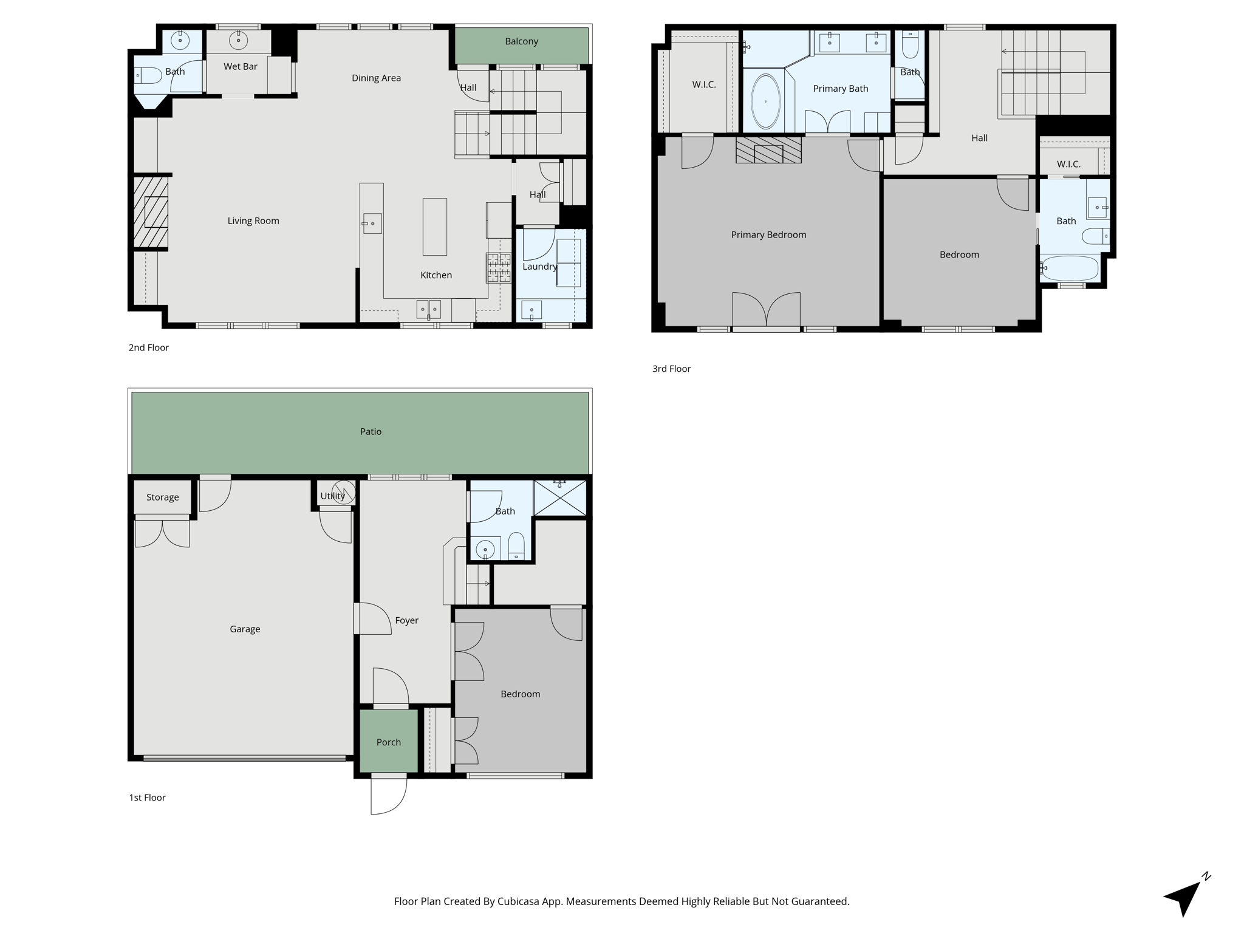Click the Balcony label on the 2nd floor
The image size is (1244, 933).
[x=521, y=41]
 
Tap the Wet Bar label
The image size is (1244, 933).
[x=240, y=66]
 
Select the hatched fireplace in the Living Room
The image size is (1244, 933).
[x=151, y=212]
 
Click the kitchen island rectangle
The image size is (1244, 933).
[x=434, y=227]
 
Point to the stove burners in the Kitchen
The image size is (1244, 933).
[x=498, y=268]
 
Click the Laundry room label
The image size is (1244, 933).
[x=539, y=266]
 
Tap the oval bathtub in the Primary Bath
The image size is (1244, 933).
[x=765, y=101]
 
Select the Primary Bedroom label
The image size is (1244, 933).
[x=768, y=234]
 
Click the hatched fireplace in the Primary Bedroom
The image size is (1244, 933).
[x=768, y=150]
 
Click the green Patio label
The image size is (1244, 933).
[x=371, y=431]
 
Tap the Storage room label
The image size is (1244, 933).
[x=162, y=497]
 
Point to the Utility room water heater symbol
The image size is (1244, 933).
[x=344, y=492]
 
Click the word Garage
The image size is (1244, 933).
[x=245, y=629]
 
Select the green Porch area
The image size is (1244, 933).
[x=389, y=742]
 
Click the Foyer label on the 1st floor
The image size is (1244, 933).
[x=406, y=620]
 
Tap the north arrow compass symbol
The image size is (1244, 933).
[x=1184, y=897]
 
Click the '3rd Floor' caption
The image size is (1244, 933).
[x=671, y=369]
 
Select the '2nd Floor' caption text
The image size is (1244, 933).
[x=148, y=347]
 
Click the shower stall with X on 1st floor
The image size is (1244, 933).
[x=559, y=497]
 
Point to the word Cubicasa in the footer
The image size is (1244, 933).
[x=520, y=901]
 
